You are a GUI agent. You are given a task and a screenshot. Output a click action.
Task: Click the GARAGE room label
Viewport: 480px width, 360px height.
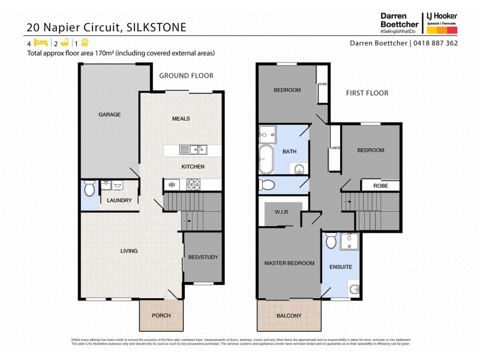[110, 115]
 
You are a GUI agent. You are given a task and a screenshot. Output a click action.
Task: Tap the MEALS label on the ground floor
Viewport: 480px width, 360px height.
[181, 119]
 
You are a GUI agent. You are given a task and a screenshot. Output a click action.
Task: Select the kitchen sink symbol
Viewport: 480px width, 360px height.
[193, 150]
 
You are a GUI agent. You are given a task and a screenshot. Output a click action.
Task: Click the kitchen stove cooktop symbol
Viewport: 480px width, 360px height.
[194, 184]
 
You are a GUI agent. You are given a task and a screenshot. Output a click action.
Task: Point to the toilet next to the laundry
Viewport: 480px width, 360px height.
[89, 190]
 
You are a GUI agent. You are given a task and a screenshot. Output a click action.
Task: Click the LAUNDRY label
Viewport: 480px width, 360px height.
[119, 200]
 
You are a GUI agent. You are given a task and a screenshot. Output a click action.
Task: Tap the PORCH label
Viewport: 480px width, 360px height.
[161, 316]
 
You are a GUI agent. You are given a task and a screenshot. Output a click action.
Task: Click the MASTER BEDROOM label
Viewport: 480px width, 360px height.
[289, 263]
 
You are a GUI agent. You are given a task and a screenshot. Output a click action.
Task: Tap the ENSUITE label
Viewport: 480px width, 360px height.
[340, 266]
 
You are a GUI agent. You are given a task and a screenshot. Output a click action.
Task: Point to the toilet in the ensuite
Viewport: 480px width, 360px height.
[330, 241]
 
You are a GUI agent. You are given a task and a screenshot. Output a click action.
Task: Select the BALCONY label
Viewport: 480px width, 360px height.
[289, 316]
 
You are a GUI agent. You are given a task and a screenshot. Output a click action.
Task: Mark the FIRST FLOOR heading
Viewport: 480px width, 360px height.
[367, 93]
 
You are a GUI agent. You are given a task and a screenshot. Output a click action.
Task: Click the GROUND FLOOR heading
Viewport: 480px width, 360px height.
[186, 76]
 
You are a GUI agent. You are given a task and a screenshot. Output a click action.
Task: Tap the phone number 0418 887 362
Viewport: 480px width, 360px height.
[434, 43]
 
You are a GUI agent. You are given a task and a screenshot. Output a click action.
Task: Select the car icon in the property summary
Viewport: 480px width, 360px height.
[85, 43]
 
